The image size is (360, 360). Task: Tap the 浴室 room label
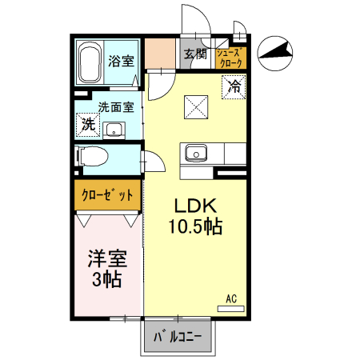coord(121,59)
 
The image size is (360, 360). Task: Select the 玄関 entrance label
coord(194,54)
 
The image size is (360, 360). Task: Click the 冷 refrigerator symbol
coord(234,84)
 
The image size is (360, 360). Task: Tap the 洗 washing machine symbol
coord(86,125)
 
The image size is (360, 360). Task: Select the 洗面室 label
coord(115,106)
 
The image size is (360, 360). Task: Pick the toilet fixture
coord(93,156)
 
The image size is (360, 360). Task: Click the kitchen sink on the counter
coord(195,152)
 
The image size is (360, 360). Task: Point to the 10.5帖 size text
coord(194,226)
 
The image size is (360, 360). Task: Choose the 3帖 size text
coord(106,280)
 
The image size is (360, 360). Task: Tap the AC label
coord(231,298)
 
